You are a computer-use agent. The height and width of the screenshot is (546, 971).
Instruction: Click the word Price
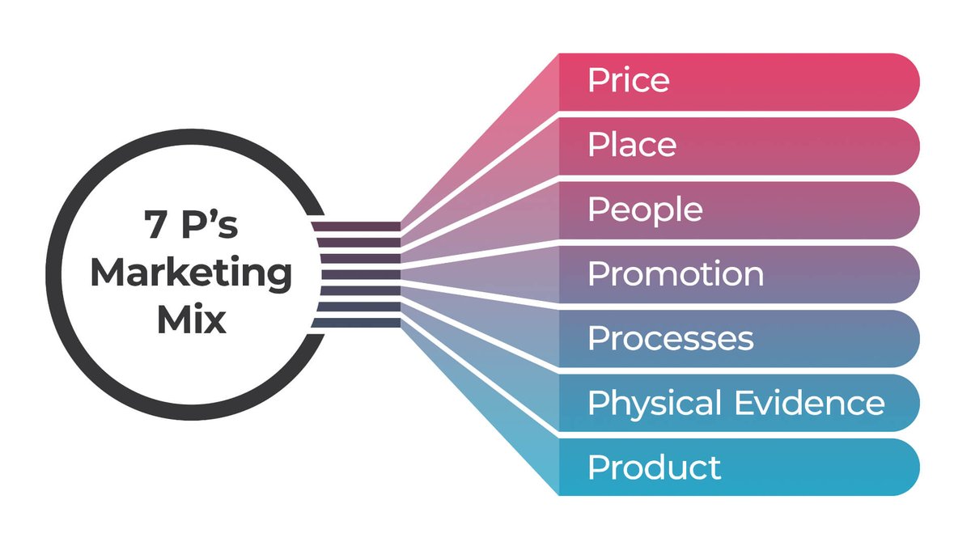[629, 81]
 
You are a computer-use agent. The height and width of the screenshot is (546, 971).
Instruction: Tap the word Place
[632, 146]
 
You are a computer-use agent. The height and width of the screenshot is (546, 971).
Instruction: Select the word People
[645, 210]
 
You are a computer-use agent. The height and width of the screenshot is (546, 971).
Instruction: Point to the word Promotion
[676, 274]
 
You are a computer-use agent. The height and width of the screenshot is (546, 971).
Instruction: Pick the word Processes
[671, 338]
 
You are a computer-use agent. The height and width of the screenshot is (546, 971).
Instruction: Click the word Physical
[654, 403]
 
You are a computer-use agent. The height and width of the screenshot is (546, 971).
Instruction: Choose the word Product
[654, 467]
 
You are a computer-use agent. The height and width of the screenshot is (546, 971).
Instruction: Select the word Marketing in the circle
[191, 274]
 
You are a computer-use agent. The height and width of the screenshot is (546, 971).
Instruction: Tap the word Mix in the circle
[191, 320]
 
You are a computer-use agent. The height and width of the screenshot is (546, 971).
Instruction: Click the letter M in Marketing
[108, 273]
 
